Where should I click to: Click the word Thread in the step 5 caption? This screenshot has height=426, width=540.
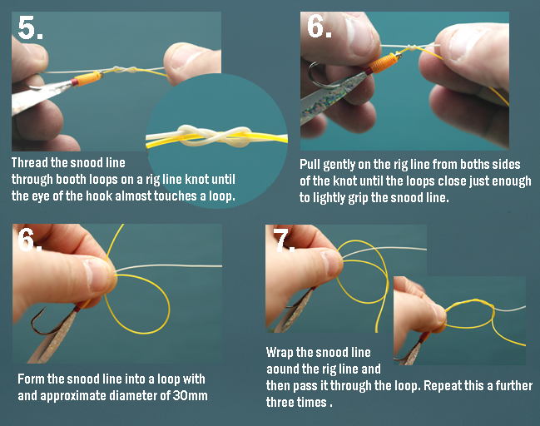pyautogui.click(x=30, y=162)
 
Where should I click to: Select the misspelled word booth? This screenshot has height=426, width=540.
pyautogui.click(x=72, y=179)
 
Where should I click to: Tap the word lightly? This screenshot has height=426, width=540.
pyautogui.click(x=329, y=198)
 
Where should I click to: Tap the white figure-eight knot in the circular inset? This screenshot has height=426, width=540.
pyautogui.click(x=214, y=136)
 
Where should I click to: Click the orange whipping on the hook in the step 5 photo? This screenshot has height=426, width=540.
pyautogui.click(x=89, y=78)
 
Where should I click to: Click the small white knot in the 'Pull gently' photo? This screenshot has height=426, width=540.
pyautogui.click(x=410, y=47)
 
